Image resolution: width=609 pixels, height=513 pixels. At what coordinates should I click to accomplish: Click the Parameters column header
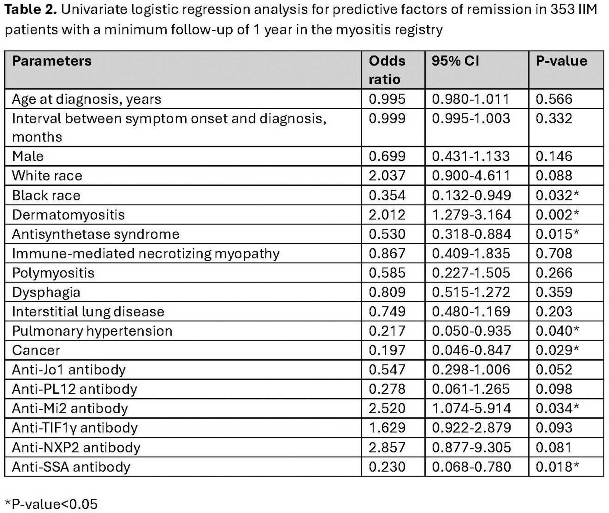pos(52,61)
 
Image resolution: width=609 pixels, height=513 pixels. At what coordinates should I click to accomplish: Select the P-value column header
pos(561,61)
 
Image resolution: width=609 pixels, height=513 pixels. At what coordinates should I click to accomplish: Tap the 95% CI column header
pos(455,61)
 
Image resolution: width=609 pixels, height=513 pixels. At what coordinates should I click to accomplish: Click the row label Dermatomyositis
pos(68,215)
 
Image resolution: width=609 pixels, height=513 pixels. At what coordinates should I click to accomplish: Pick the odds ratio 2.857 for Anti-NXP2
pos(387,447)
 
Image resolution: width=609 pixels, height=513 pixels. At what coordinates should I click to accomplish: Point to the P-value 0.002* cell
pos(557,215)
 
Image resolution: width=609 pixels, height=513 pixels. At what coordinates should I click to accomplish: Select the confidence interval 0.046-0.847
pos(471,350)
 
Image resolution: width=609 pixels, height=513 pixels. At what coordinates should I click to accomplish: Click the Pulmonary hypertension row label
pos(92,331)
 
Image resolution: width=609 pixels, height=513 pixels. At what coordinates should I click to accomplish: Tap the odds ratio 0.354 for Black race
pos(387,196)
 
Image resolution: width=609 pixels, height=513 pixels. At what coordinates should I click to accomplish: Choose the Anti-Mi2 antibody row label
pos(70,409)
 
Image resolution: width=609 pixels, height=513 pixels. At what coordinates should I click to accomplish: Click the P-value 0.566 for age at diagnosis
pos(554,99)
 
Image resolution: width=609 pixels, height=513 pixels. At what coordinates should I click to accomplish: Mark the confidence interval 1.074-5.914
pos(471,409)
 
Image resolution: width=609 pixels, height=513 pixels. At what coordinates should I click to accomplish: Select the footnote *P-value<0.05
pos(51,504)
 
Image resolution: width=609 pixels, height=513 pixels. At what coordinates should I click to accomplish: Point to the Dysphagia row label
pos(46,292)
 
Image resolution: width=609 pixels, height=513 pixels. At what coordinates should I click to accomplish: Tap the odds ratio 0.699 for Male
pos(387,156)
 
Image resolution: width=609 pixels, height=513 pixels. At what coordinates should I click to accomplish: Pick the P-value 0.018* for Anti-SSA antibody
pos(557,467)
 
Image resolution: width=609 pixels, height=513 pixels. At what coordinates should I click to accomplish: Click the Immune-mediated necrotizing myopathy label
pos(146,254)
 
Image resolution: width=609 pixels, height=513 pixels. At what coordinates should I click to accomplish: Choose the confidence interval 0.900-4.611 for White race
pos(471,176)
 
